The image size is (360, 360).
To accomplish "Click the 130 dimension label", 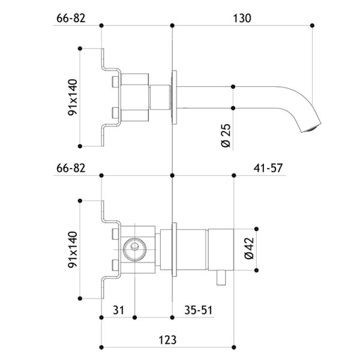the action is tap(242, 18).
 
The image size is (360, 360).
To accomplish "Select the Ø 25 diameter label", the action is tap(226, 136).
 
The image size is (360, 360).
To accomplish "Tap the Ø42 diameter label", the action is tap(250, 248).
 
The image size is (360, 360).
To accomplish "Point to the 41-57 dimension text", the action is tap(268, 168).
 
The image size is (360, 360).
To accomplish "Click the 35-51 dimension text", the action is tap(199, 310).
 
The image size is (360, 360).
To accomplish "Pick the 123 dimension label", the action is tap(167, 340).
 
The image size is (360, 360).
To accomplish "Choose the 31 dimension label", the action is tap(118, 310).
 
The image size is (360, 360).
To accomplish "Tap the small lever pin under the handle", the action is tap(221, 278).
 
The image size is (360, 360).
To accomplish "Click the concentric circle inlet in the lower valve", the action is tap(134, 250).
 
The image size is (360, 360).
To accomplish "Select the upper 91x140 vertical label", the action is tap(73, 97).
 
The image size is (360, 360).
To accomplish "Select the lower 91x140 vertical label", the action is tap(73, 250).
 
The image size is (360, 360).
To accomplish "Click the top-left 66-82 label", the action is tap(71, 18).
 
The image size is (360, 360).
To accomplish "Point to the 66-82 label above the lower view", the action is tap(71, 168).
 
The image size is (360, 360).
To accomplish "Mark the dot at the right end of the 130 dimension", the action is tap(312, 25).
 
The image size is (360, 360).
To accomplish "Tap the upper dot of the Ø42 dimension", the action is tap(256, 229).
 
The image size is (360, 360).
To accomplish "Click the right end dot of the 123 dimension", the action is tap(234, 347).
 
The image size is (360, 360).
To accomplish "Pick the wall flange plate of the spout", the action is tap(174, 97).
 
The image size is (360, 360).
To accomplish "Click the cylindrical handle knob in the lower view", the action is tap(221, 250).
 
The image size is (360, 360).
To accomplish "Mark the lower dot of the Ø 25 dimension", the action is tap(233, 108).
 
